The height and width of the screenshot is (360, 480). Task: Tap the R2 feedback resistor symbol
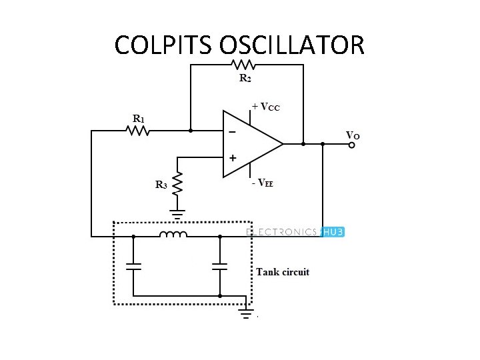click(244, 65)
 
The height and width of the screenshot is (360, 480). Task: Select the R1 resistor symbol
click(139, 131)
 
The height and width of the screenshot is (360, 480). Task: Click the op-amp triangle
click(250, 143)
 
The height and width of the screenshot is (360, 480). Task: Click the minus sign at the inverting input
click(232, 132)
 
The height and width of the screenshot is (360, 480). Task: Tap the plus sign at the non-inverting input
click(233, 159)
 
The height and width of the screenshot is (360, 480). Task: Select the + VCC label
click(266, 107)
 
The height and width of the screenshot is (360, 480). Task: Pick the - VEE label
click(263, 183)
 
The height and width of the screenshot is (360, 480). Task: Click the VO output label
click(353, 135)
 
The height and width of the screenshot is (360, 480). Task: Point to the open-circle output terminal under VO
click(353, 144)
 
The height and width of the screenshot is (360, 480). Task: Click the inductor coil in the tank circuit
click(173, 234)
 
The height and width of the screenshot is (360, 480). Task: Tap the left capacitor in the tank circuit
click(134, 267)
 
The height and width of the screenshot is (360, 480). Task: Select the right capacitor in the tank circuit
click(220, 267)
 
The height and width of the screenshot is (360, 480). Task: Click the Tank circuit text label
click(283, 272)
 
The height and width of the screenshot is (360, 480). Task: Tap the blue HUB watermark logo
click(332, 232)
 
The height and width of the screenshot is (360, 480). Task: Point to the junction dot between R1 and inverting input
click(191, 131)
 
